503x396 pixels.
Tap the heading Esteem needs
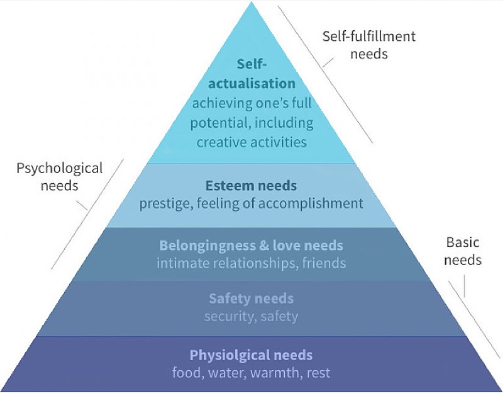pos(251,186)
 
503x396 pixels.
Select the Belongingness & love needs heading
pos(251,245)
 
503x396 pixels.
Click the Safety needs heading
pos(251,298)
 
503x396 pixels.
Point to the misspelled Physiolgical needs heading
pos(251,355)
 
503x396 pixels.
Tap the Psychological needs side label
pos(59,177)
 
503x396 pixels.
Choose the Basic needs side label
pos(463,251)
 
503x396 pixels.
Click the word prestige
pos(162,203)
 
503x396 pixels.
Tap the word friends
pos(323,263)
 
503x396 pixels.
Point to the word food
pos(186,373)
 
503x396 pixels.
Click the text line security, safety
pos(251,316)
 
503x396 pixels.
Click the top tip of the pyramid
pos(251,5)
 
